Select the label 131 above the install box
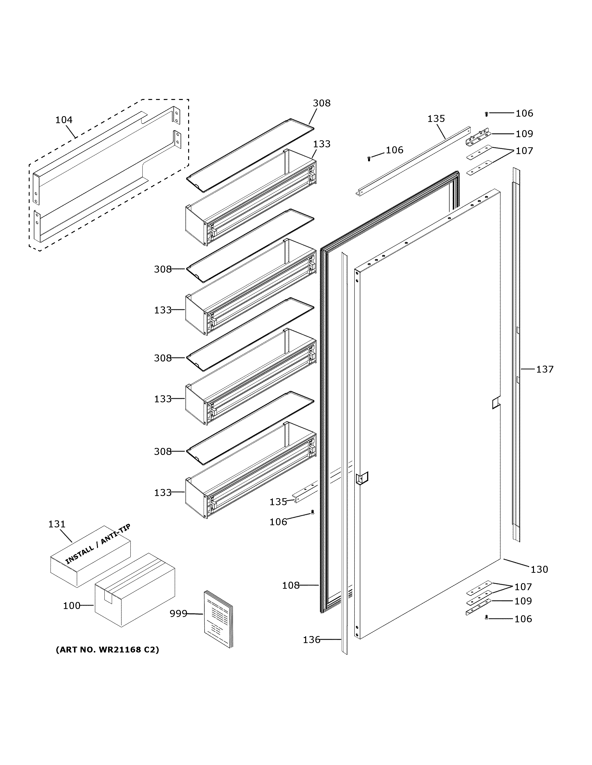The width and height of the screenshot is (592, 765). click(x=57, y=524)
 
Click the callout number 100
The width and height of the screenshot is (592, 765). click(x=72, y=606)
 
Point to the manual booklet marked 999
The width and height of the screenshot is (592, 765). click(x=218, y=619)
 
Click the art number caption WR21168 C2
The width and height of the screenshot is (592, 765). click(x=107, y=650)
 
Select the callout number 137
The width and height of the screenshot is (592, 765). click(x=545, y=369)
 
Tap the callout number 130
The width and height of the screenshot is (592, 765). click(x=539, y=570)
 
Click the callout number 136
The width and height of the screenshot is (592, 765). click(x=311, y=640)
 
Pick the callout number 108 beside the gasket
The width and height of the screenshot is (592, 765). click(x=291, y=585)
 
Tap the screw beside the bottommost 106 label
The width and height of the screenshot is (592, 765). click(x=486, y=618)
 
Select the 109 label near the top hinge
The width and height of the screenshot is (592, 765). click(x=524, y=134)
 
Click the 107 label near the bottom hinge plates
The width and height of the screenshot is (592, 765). click(x=523, y=587)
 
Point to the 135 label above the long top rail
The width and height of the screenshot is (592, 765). click(x=436, y=119)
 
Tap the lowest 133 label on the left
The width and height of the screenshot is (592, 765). click(x=163, y=492)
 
